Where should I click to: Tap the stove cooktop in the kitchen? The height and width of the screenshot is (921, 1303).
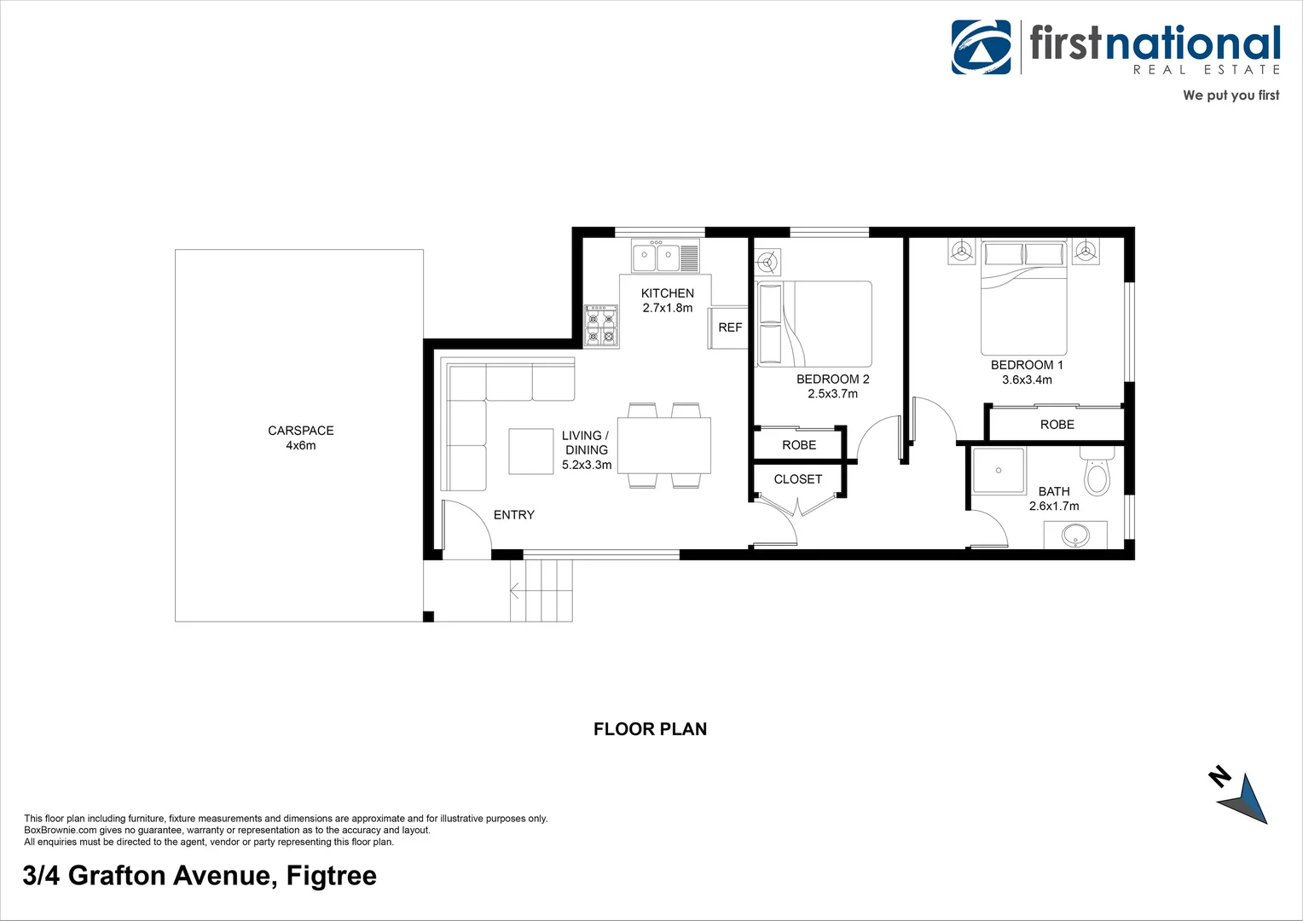point(601,327)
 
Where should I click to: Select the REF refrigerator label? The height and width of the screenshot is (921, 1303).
point(730,327)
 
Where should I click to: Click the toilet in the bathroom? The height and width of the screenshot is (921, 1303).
point(1097,474)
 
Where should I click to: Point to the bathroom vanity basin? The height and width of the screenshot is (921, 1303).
point(1075,536)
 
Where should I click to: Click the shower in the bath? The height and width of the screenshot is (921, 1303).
point(999,471)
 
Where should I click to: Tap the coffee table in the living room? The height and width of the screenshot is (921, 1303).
point(531,451)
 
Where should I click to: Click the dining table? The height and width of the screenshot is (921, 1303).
point(663,445)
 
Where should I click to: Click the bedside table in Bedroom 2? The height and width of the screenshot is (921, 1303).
point(768,262)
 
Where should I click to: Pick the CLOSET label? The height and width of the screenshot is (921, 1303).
point(797,479)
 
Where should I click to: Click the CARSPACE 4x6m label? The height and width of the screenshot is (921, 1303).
point(301,437)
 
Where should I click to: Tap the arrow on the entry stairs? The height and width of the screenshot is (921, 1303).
point(516,589)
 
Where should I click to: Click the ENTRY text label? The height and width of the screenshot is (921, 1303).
point(513,515)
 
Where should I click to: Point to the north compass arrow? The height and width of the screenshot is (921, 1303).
point(1246,800)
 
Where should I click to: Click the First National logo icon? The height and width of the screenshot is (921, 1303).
point(982,47)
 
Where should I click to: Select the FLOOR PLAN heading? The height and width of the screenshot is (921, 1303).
point(650,729)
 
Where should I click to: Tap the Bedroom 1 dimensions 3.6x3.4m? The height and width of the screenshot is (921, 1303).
point(1027,379)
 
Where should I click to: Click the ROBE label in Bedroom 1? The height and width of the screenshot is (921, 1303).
point(1057,425)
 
